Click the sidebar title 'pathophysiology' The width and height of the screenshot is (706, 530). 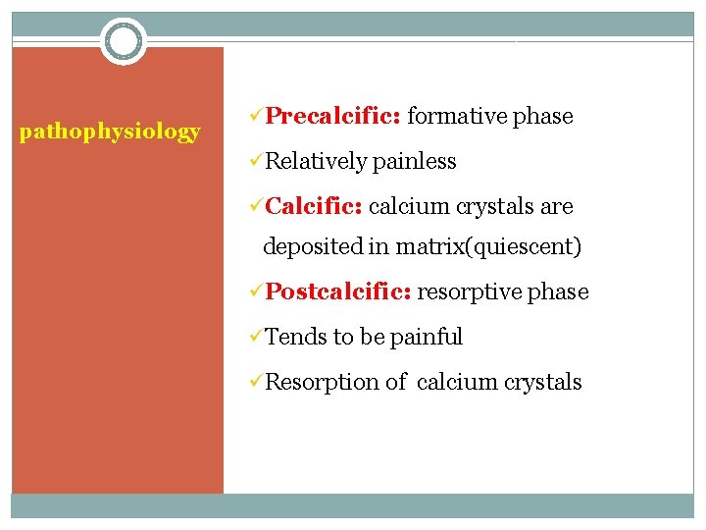110,131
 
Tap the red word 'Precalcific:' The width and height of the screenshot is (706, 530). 332,116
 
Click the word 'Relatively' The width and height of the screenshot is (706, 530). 316,161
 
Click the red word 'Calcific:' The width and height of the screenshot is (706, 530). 315,206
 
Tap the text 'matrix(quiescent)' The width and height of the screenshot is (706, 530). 488,246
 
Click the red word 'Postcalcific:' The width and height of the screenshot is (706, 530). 340,291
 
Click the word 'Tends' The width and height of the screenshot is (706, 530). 296,337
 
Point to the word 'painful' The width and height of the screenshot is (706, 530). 426,337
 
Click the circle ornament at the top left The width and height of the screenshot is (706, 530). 124,42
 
